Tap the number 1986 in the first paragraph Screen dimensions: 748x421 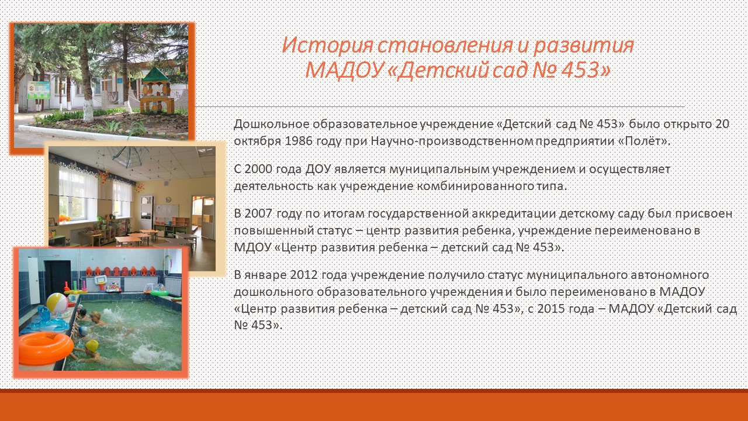coord(298,141)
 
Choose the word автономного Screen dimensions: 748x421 coord(670,275)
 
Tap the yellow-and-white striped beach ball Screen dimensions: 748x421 coord(57,303)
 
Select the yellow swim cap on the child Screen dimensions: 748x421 coord(92,345)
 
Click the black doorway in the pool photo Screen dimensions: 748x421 coord(58,278)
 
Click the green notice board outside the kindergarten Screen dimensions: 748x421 coord(39,90)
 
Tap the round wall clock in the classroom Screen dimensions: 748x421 coord(168,200)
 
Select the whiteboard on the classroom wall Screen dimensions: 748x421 coord(167,212)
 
